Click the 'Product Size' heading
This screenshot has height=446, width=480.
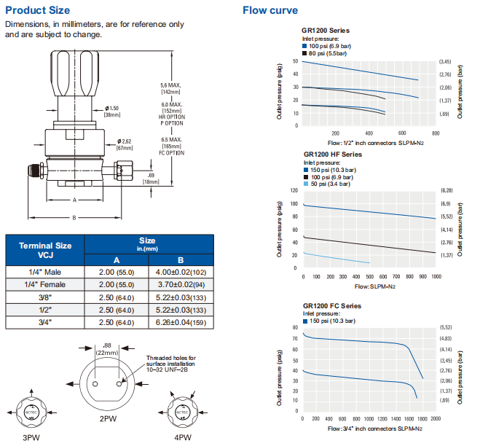[38, 10]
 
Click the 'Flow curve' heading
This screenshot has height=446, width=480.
[269, 10]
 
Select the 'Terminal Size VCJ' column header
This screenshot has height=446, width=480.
[45, 251]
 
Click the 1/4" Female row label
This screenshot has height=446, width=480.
[45, 284]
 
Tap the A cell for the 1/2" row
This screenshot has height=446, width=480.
[117, 309]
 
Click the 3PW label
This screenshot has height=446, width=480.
[31, 437]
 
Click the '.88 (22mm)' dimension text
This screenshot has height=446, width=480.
[106, 348]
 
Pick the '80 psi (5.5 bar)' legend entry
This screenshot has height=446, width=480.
[327, 52]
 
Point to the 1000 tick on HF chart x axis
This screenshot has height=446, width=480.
[435, 277]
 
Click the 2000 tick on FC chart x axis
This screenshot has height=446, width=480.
[435, 419]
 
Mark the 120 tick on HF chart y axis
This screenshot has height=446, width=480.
[294, 191]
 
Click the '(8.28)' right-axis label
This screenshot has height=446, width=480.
[446, 191]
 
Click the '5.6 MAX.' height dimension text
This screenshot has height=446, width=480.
[170, 85]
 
